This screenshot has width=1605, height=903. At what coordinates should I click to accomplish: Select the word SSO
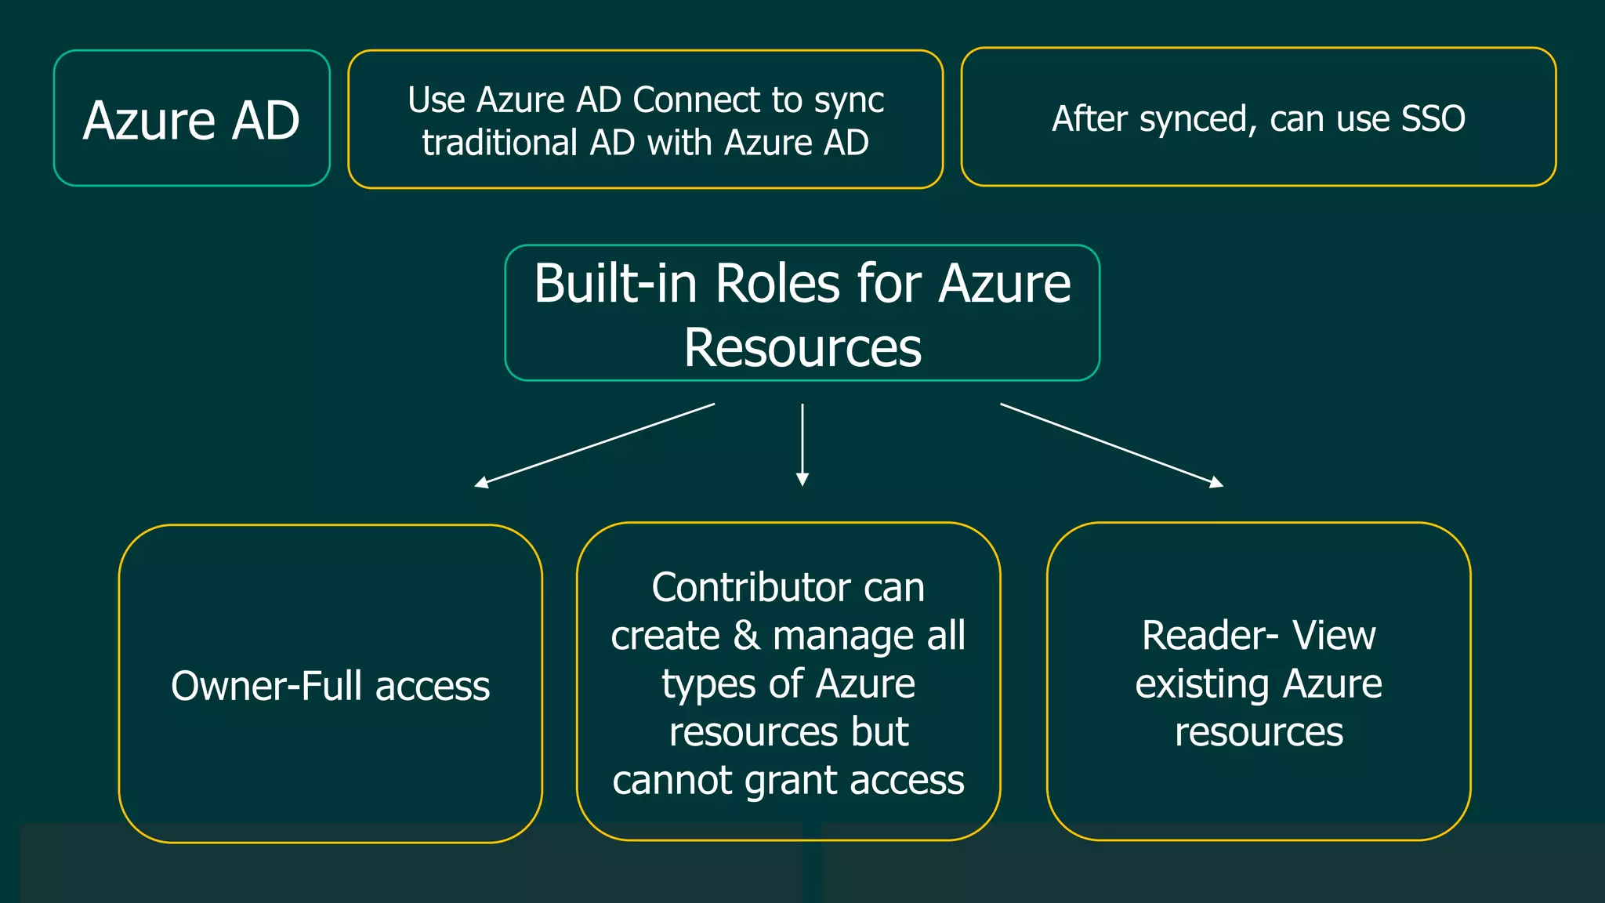[1433, 119]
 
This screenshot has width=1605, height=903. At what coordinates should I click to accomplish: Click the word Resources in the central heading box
[802, 347]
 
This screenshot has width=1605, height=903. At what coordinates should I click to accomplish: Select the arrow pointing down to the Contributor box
[802, 444]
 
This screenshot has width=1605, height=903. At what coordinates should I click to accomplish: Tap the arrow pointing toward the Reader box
[1111, 445]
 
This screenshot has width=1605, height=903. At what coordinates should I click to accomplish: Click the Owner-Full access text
[330, 686]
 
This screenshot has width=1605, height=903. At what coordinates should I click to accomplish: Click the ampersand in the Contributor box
[746, 636]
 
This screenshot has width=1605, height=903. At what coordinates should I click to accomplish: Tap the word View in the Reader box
[1334, 636]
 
